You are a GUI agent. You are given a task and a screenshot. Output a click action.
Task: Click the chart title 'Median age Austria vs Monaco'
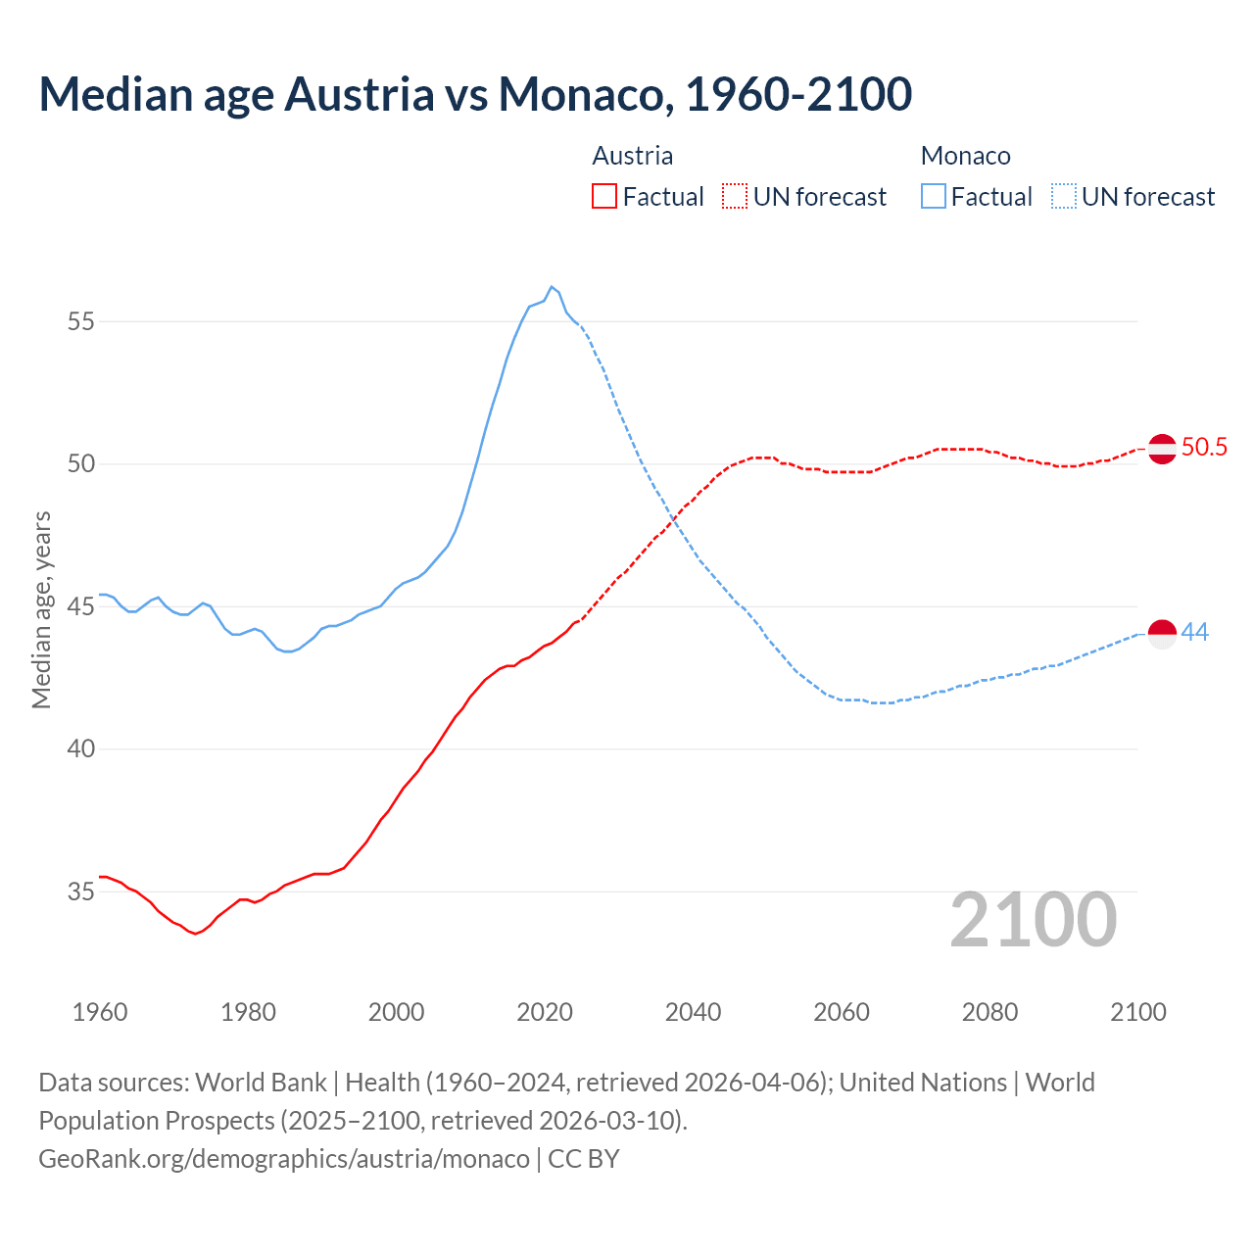[475, 94]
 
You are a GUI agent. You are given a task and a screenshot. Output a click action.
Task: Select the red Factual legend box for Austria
[604, 197]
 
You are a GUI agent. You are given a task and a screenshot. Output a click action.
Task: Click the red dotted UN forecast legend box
[735, 197]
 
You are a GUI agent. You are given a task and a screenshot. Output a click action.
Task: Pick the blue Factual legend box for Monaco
[934, 197]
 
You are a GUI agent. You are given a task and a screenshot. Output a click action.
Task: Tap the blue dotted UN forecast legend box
[1064, 197]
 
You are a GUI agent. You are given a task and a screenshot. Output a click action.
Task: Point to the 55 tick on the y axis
[81, 321]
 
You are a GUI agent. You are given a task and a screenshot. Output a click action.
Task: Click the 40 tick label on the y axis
[81, 749]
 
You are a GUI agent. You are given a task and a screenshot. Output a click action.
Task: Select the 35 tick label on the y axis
[81, 892]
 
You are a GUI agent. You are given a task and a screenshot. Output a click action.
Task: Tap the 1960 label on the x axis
[100, 1012]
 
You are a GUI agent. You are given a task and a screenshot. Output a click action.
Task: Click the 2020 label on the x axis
[545, 1012]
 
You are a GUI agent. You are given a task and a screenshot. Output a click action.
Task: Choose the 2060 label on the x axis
[842, 1012]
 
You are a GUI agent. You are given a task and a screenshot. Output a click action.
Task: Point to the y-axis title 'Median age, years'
[41, 609]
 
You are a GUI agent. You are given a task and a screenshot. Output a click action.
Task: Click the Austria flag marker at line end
[1162, 449]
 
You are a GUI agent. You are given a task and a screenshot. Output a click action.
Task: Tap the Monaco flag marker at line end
[1162, 634]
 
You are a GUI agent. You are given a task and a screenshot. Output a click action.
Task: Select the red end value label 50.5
[1204, 448]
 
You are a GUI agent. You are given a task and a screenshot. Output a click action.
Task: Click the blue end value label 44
[1195, 633]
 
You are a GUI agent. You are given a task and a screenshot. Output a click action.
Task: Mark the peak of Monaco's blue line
[552, 287]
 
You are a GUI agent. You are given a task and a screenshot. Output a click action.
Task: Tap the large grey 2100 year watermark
[1034, 920]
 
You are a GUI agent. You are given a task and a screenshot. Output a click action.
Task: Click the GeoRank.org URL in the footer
[284, 1159]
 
